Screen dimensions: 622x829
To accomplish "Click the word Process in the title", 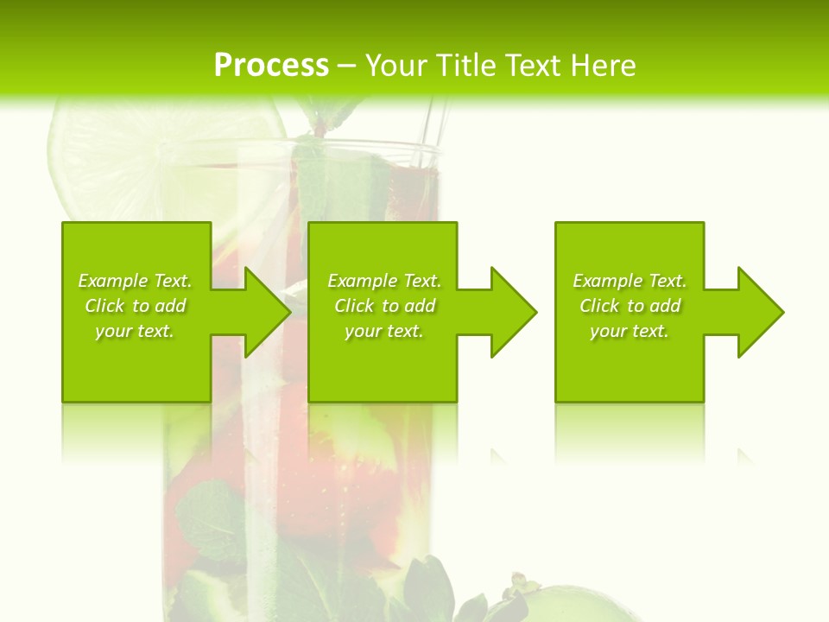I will click(x=271, y=66).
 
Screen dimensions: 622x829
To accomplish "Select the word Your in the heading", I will click(x=397, y=66).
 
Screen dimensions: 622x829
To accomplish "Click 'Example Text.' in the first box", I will click(x=135, y=281).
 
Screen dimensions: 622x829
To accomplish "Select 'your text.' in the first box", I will click(x=135, y=331).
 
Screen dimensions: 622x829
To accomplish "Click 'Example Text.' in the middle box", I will click(x=384, y=281).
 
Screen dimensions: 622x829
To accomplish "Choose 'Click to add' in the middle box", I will click(x=384, y=306).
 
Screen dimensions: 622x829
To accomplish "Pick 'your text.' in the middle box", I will click(x=384, y=331).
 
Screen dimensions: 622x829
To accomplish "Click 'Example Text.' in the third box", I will click(x=630, y=281).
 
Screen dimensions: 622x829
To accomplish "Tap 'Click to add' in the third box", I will click(x=630, y=306).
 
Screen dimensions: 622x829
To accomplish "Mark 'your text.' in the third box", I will click(x=630, y=331).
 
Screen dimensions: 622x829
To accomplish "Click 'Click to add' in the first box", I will click(x=135, y=306).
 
